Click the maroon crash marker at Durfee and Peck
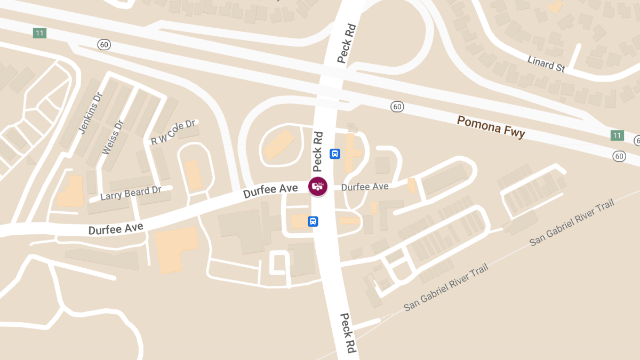pos(318,186)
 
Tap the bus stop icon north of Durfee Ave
pos(335,154)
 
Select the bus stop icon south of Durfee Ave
pos(313,221)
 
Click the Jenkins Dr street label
pos(90,114)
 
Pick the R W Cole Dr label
pos(174,133)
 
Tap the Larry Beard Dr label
pos(131,193)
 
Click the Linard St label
pos(546,64)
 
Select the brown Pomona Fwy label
pos(491,126)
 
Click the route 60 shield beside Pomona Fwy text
pos(396,107)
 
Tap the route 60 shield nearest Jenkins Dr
pos(104,44)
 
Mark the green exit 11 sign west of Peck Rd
pos(39,33)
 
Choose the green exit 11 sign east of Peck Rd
pos(617,135)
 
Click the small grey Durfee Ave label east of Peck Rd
pos(365,187)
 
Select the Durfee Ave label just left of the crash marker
pos(270,190)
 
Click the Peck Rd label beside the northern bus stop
pos(319,149)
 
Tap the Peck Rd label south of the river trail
pos(347,333)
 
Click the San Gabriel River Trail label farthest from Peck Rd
pos(572,222)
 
